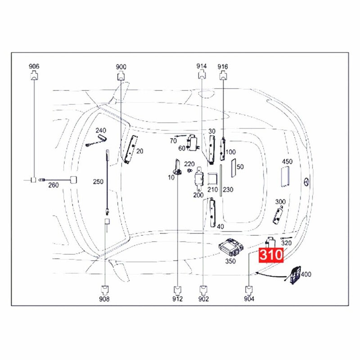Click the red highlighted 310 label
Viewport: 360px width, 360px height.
pyautogui.click(x=271, y=255)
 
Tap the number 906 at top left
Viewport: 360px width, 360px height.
pyautogui.click(x=34, y=67)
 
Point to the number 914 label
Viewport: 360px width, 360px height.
pyautogui.click(x=201, y=67)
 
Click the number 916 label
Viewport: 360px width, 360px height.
pyautogui.click(x=223, y=67)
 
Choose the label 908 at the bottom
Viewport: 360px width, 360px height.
pyautogui.click(x=105, y=299)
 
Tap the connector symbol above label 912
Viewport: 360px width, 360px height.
pyautogui.click(x=179, y=288)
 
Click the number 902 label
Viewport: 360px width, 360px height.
pyautogui.click(x=204, y=299)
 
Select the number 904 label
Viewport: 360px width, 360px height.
pyautogui.click(x=249, y=299)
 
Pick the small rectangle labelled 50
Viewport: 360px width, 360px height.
pyautogui.click(x=233, y=167)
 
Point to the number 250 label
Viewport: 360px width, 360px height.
pyautogui.click(x=98, y=182)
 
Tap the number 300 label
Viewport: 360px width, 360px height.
pyautogui.click(x=280, y=202)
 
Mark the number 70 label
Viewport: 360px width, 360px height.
pyautogui.click(x=173, y=141)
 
